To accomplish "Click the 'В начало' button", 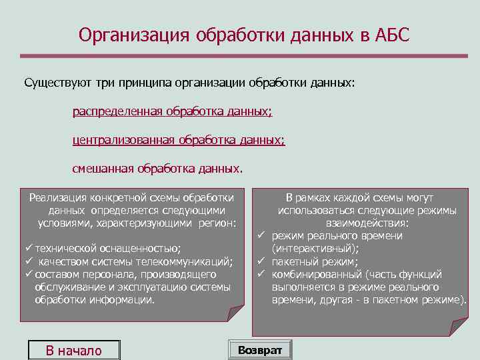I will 73,351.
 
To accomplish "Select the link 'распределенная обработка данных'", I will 172,112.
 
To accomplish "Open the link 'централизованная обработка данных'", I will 178,140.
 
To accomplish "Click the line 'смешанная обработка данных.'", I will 158,168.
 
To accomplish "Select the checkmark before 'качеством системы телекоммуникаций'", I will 29,261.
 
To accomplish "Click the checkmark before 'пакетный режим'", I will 261,261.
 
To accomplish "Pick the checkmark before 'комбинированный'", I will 261,274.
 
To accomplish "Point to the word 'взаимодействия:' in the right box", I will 367,223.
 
